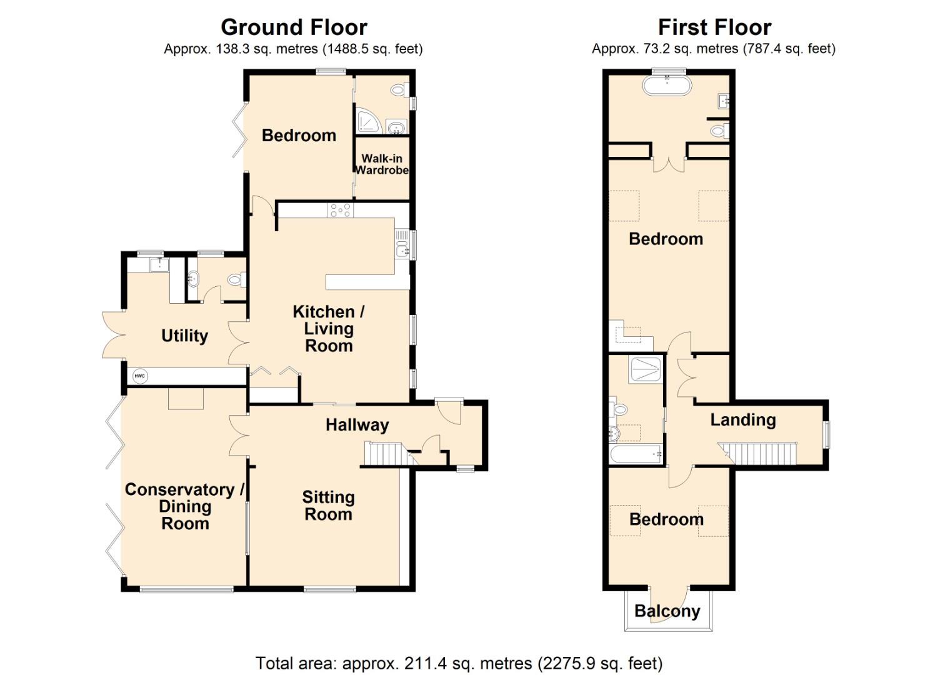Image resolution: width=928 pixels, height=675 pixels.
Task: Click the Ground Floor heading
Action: point(294,27)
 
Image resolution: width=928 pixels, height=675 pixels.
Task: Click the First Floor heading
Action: point(714,27)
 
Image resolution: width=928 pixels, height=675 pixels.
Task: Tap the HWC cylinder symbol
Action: point(139,376)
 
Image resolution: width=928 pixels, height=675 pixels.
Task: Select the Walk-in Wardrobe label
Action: point(382,164)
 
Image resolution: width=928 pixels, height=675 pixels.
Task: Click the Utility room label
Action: point(184,336)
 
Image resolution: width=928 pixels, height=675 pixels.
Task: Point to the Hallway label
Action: point(357,425)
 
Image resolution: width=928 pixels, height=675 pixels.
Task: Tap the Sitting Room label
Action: point(328,506)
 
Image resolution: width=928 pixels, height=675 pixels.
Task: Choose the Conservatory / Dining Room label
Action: point(184,506)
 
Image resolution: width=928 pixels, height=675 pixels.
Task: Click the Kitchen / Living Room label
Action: point(329,329)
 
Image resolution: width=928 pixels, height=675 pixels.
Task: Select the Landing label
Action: point(742,420)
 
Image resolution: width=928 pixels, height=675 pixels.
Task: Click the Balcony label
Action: point(667,611)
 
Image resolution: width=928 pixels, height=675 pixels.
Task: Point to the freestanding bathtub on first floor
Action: point(667,86)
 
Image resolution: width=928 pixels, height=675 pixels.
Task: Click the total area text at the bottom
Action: point(459,662)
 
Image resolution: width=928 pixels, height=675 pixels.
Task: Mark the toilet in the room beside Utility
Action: point(236,279)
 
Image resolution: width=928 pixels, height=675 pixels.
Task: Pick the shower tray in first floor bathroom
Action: point(645,369)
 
